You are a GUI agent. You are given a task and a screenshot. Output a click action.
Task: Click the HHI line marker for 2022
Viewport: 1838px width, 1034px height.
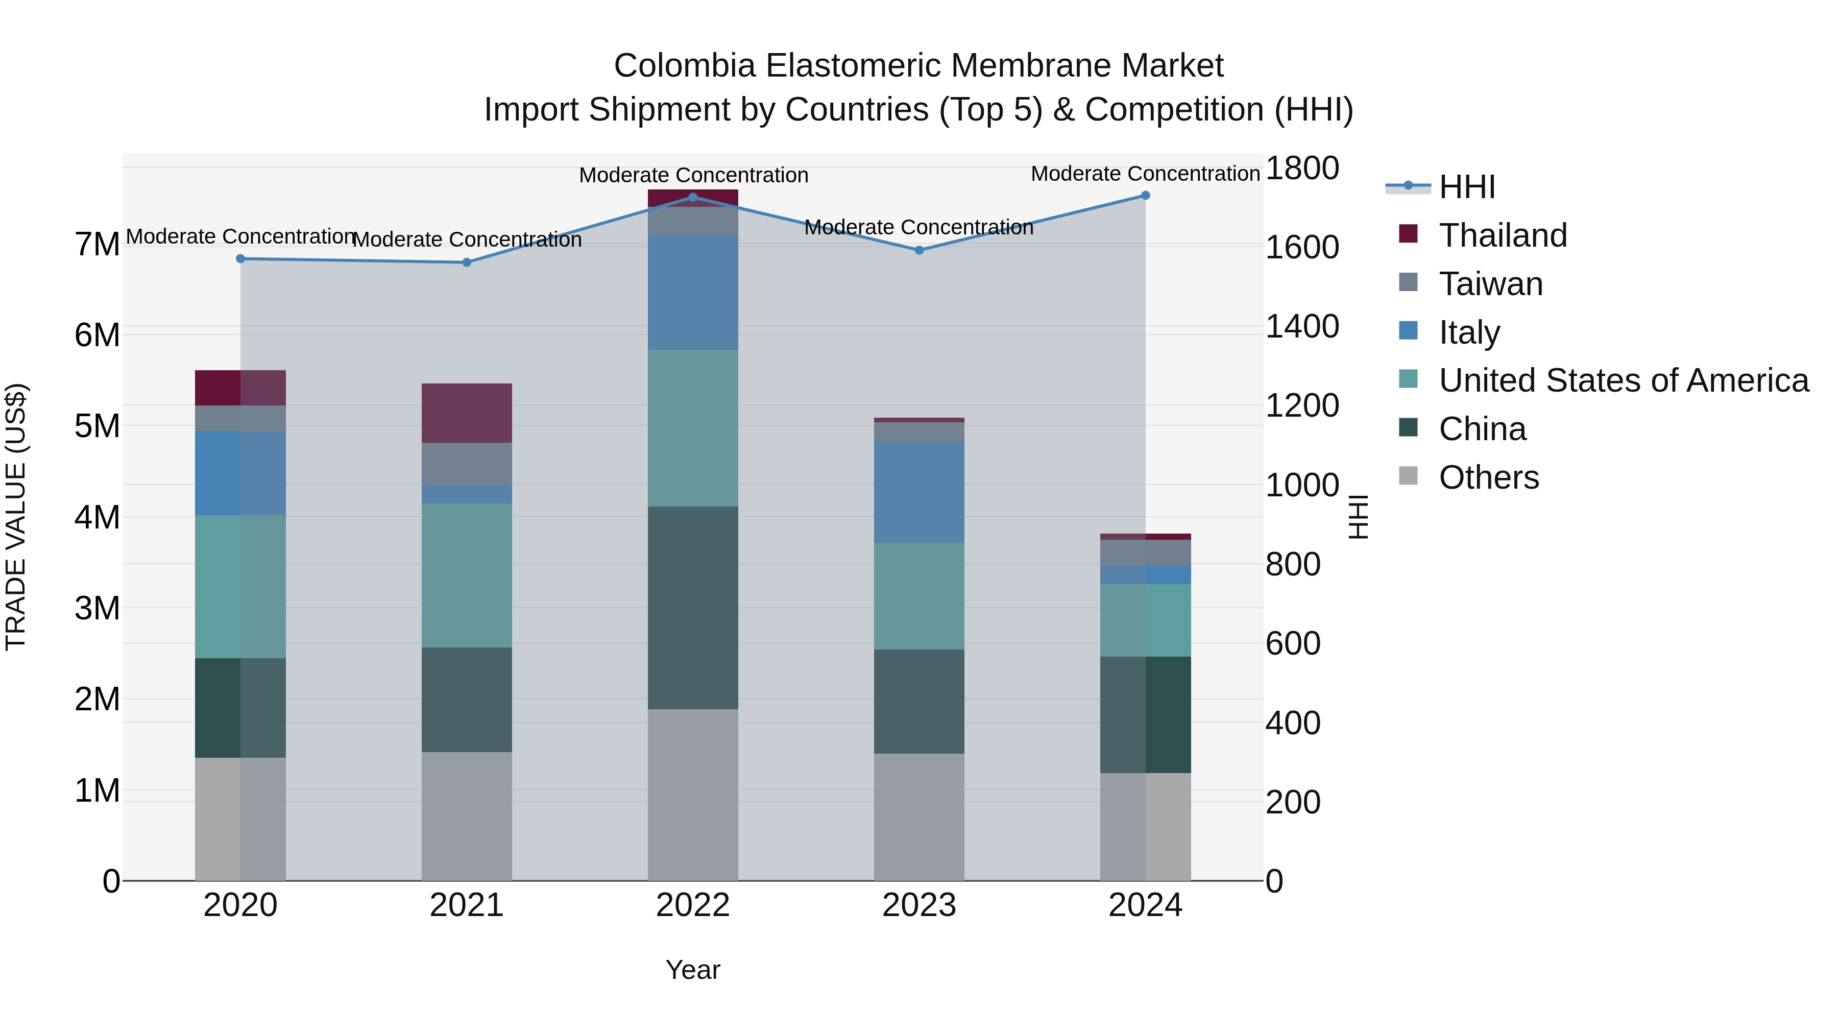tap(692, 197)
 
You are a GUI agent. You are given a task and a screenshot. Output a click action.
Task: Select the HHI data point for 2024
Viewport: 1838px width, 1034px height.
tap(1145, 195)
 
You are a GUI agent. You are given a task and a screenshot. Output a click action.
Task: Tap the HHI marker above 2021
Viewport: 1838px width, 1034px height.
tap(467, 262)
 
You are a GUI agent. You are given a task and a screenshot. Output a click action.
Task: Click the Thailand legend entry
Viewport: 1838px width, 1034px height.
tap(1503, 235)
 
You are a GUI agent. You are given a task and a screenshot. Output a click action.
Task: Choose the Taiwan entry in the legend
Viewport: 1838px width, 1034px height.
tap(1490, 284)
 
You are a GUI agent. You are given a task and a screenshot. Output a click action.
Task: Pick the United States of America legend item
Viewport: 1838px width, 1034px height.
tap(1623, 380)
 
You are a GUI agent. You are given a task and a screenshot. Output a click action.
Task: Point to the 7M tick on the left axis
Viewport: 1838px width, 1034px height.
tap(97, 244)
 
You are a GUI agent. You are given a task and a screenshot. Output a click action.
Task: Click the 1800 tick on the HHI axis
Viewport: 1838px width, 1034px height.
tap(1301, 169)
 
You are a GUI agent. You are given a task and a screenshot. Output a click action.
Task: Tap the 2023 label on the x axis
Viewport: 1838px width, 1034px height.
tap(919, 905)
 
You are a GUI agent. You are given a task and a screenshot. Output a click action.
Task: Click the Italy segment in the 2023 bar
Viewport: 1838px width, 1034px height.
tap(919, 492)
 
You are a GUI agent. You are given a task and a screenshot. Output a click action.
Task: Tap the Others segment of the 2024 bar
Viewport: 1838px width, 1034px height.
tap(1145, 826)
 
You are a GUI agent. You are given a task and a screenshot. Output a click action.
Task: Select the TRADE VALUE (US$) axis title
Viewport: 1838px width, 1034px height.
tap(16, 517)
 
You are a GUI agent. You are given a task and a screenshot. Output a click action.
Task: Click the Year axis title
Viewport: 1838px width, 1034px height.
tap(692, 970)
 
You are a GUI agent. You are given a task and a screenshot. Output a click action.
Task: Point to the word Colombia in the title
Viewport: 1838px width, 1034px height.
tap(684, 66)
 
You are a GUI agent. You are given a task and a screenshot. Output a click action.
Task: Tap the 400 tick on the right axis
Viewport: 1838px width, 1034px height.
tap(1292, 723)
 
